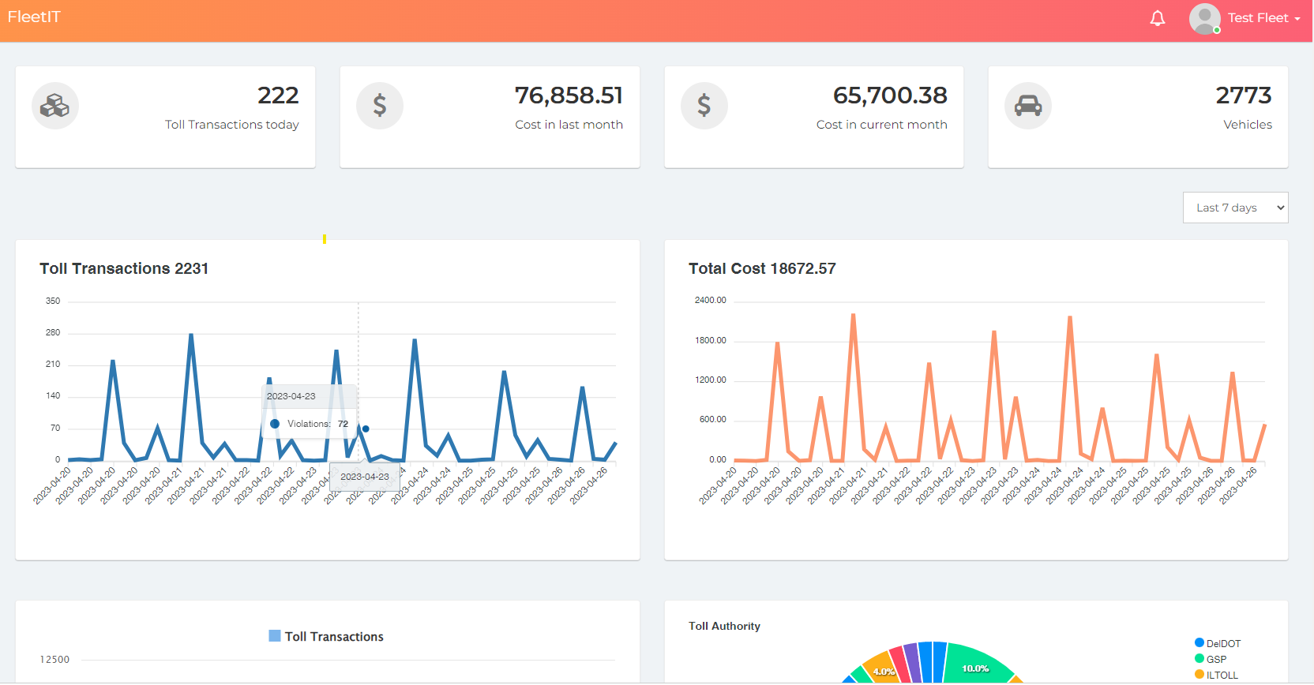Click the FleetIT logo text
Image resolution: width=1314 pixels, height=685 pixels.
coord(34,17)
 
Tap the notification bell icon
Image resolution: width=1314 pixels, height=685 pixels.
coord(1157,18)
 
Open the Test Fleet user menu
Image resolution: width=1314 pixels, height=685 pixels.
coord(1262,18)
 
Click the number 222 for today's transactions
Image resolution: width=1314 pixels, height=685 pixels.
coord(278,95)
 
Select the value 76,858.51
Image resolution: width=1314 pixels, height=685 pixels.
coord(569,95)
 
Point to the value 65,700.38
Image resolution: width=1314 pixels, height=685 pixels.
coord(890,95)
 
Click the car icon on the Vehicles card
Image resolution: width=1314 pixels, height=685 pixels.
coord(1027,106)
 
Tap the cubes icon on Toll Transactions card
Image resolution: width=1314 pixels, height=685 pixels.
coord(55,106)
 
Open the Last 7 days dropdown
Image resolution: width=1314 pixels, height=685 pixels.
coord(1235,208)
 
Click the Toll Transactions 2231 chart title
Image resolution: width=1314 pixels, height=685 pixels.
coord(124,268)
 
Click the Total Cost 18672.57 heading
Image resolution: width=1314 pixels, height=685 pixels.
coord(761,268)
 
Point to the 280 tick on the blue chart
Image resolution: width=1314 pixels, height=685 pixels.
coord(53,332)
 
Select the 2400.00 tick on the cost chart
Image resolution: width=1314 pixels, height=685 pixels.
coord(710,300)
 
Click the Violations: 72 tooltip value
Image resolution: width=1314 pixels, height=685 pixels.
coord(343,424)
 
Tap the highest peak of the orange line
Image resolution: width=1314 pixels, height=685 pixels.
coord(853,315)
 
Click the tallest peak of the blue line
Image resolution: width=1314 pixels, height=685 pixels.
coord(191,335)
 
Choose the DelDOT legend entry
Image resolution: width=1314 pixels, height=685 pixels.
coord(1222,643)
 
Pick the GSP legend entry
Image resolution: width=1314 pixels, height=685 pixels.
coord(1215,659)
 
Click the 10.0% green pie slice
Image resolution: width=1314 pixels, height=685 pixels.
coord(975,667)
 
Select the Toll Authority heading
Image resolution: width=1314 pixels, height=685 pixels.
coord(724,626)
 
